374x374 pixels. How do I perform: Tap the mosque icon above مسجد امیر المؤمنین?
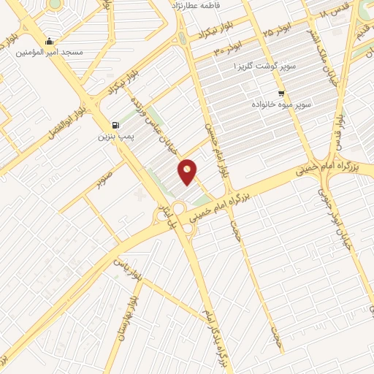[x=48, y=41]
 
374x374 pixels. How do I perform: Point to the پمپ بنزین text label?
[x=114, y=137]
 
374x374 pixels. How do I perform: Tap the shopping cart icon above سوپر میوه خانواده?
[x=281, y=93]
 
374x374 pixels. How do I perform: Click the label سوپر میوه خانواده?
[x=282, y=105]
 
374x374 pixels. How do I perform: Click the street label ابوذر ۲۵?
[x=278, y=28]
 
